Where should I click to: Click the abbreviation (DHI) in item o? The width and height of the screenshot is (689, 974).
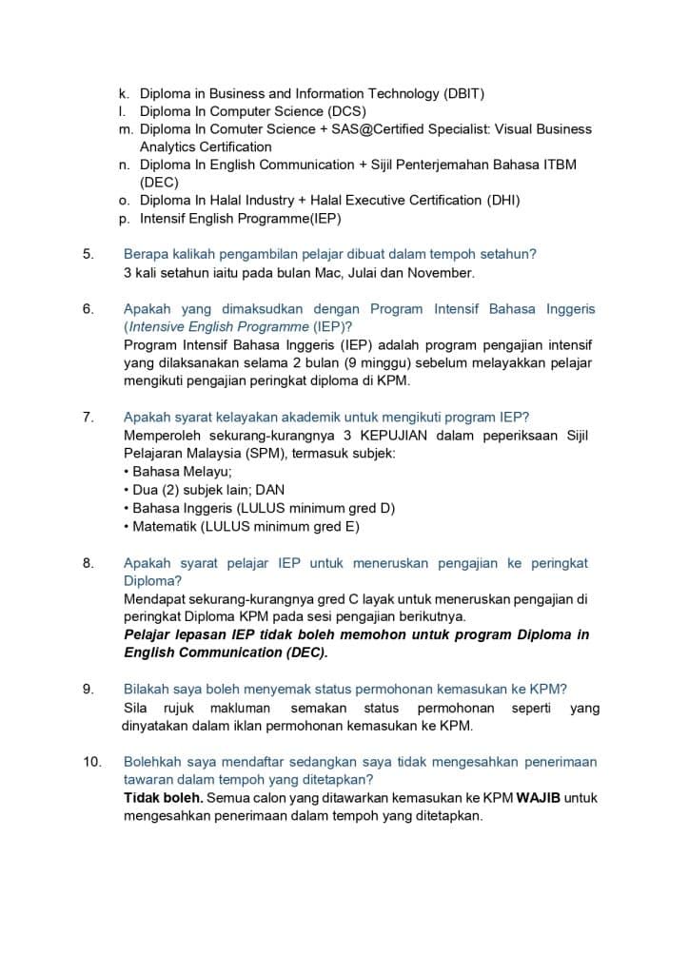pyautogui.click(x=501, y=201)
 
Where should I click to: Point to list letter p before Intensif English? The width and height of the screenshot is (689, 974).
pyautogui.click(x=124, y=219)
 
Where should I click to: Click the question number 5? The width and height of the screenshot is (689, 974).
pyautogui.click(x=89, y=254)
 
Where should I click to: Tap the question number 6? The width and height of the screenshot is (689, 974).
pyautogui.click(x=89, y=309)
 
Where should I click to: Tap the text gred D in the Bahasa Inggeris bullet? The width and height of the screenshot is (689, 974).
pyautogui.click(x=372, y=508)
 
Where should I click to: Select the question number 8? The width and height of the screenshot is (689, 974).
pyautogui.click(x=89, y=563)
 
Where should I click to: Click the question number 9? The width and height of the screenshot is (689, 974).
pyautogui.click(x=89, y=690)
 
